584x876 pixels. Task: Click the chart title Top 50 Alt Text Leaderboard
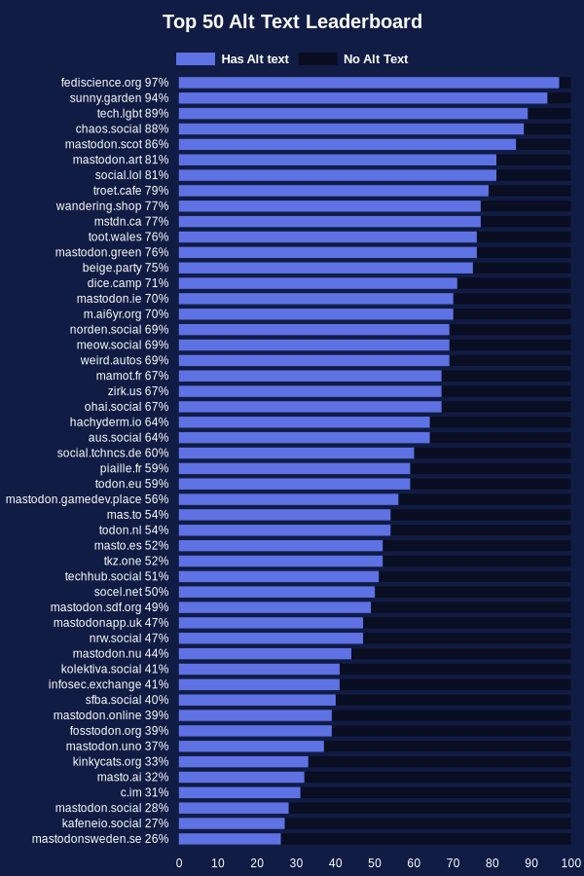tap(292, 21)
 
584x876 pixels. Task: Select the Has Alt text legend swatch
tap(196, 58)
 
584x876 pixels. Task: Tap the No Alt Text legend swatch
tap(318, 58)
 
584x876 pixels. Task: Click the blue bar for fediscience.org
tap(369, 83)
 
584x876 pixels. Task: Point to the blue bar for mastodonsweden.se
tap(230, 839)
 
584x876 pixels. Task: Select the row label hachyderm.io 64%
tap(119, 421)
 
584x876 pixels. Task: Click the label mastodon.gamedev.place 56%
tap(88, 499)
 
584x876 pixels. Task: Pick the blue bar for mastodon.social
tap(234, 808)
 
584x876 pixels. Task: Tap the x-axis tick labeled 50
tap(375, 863)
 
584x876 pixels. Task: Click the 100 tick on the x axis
tap(571, 863)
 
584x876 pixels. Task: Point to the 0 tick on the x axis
tap(179, 863)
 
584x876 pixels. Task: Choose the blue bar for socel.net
tap(276, 592)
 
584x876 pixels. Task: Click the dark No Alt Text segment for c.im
tap(436, 792)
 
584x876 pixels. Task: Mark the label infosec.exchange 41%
tap(108, 684)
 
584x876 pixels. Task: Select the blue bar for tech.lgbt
tap(353, 114)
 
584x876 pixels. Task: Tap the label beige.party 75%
tap(126, 268)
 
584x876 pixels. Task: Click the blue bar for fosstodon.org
tap(255, 731)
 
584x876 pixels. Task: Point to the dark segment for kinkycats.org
tap(440, 761)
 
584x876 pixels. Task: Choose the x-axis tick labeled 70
tap(454, 863)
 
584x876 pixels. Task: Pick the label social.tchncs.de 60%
tap(113, 453)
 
